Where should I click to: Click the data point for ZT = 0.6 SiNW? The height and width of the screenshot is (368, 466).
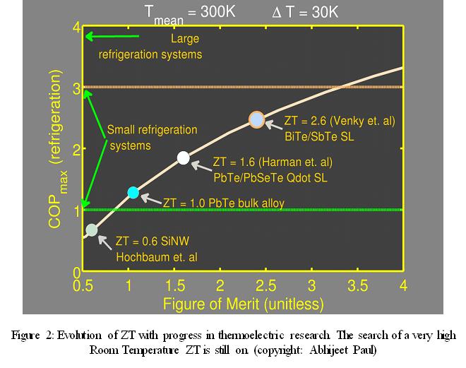91,229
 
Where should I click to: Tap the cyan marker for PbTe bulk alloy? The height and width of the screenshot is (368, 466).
133,192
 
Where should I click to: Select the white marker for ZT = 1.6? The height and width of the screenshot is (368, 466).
184,158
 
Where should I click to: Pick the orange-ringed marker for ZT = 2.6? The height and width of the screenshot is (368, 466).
256,119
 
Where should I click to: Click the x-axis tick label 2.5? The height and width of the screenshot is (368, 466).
266,285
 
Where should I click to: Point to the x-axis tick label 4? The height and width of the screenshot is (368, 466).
402,285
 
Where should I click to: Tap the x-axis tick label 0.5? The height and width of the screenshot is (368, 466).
83,285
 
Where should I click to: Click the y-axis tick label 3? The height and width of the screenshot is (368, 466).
76,88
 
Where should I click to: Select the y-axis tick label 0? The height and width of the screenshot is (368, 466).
76,272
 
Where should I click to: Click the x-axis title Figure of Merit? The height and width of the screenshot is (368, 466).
244,304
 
